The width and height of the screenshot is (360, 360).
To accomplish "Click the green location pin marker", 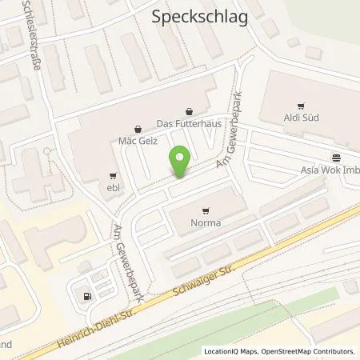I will tap(181, 162).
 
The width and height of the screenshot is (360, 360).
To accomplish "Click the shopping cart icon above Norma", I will tap(206, 211).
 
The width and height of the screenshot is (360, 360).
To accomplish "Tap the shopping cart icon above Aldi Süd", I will tap(302, 106).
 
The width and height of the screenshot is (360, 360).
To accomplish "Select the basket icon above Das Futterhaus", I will tap(189, 111).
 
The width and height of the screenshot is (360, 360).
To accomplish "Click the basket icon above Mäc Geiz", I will tap(138, 127).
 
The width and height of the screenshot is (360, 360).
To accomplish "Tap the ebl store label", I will tap(112, 189).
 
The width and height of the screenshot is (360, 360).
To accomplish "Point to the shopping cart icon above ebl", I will tap(112, 177).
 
